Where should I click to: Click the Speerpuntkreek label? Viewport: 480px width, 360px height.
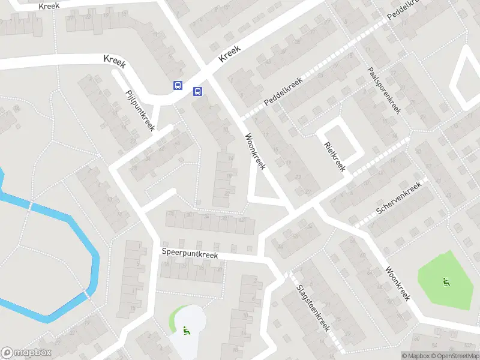click(x=190, y=254)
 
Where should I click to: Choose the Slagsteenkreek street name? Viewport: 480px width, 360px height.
click(x=313, y=307)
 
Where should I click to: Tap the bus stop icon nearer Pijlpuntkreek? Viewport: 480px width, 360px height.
click(x=178, y=85)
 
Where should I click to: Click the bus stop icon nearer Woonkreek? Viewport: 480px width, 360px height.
click(x=197, y=91)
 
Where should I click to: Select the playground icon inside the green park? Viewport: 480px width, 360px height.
click(x=445, y=282)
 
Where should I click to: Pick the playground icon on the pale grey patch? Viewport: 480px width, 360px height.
click(x=187, y=330)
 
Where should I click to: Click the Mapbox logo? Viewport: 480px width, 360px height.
click(x=26, y=353)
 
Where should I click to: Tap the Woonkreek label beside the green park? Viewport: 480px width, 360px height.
click(x=397, y=283)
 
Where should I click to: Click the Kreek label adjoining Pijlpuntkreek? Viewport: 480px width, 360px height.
click(x=114, y=60)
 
